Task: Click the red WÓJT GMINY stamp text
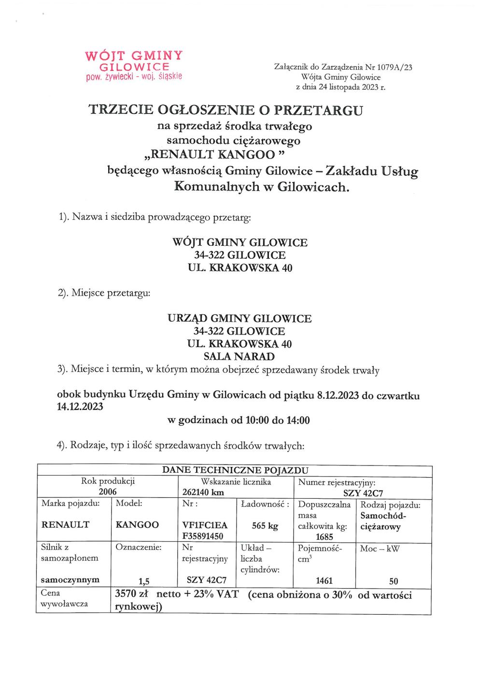click(x=134, y=56)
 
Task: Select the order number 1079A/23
click(x=394, y=68)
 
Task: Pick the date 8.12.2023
click(x=337, y=395)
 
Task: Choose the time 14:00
click(x=298, y=420)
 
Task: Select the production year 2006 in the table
click(x=108, y=492)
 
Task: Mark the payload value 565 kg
click(x=265, y=526)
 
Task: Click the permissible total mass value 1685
click(x=324, y=537)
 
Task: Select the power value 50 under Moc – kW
click(x=394, y=581)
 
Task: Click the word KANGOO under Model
click(x=137, y=525)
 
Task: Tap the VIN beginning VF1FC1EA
click(x=205, y=525)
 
